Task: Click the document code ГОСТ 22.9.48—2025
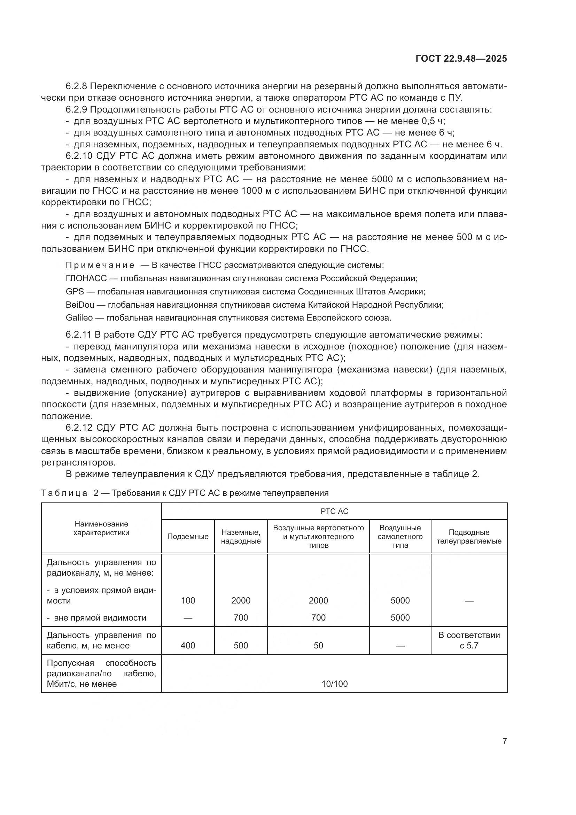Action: point(461,59)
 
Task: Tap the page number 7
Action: point(504,741)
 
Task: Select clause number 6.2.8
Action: point(77,86)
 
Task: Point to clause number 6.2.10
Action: point(79,156)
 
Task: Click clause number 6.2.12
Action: point(79,428)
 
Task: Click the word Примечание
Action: point(100,266)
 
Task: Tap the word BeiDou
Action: point(80,305)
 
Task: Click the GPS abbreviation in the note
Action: point(75,291)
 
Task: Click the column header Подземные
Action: point(188,537)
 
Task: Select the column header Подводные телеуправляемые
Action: point(469,537)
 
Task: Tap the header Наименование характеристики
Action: point(101,528)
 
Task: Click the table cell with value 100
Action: point(188,601)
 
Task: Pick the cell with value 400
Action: point(188,645)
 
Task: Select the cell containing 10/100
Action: point(334,684)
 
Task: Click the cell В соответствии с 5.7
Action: point(469,640)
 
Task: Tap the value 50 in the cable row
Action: point(318,645)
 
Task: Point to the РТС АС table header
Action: point(334,511)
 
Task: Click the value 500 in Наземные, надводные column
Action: point(241,645)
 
